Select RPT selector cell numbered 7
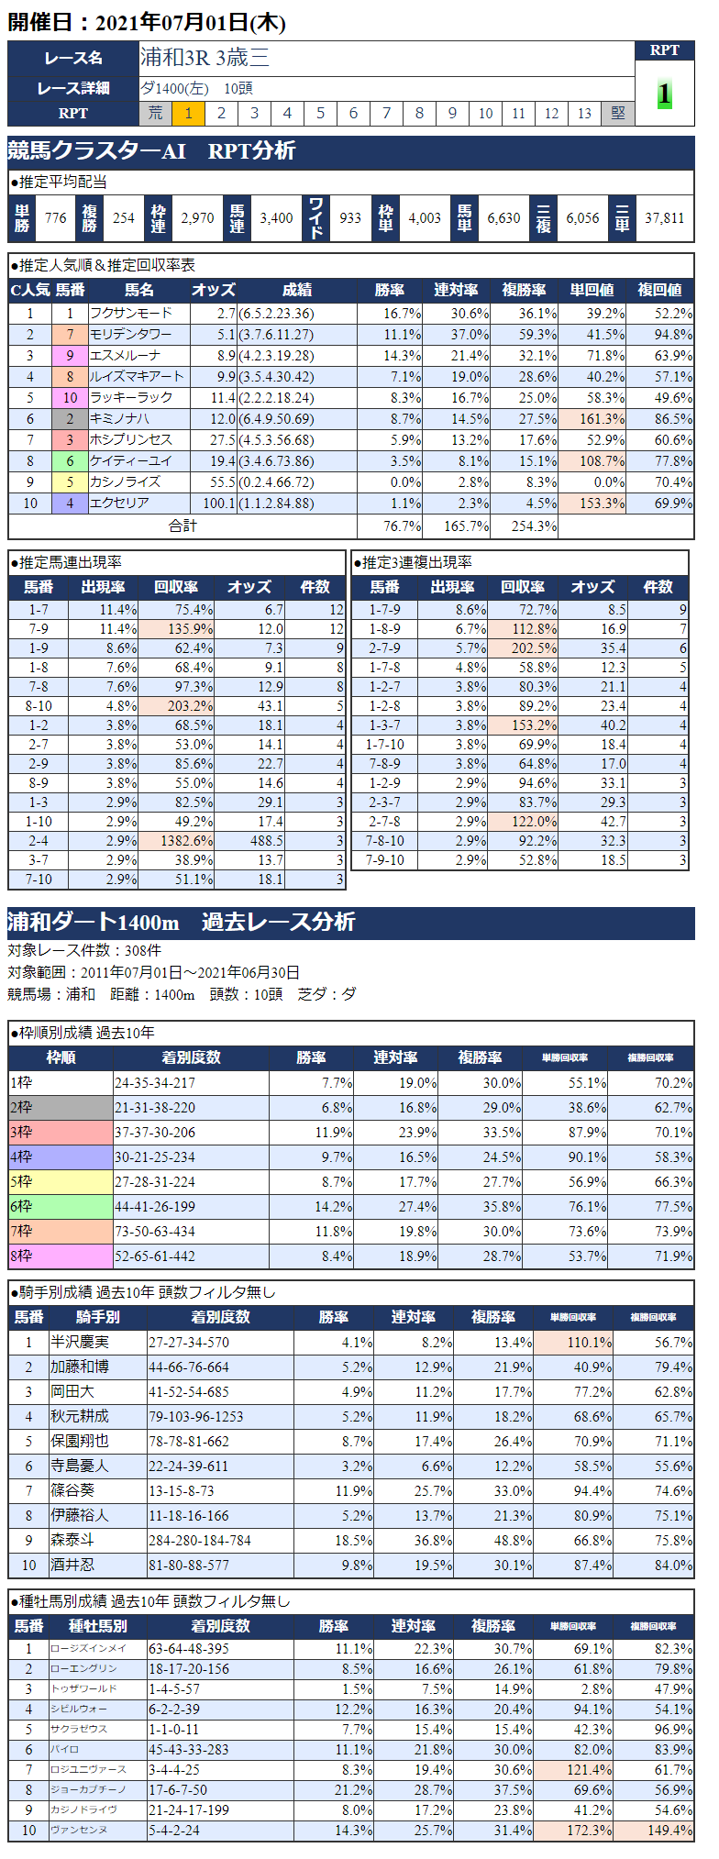(x=386, y=113)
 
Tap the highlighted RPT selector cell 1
(x=188, y=113)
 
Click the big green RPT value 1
(x=664, y=94)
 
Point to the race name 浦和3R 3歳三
(x=205, y=58)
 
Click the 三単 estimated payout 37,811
(x=664, y=218)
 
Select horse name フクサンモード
(x=130, y=314)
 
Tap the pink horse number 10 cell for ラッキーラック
(x=70, y=398)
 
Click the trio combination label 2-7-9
(x=384, y=648)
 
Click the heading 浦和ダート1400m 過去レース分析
(x=181, y=922)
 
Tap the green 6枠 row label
(x=61, y=1207)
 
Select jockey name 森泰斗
(x=72, y=1540)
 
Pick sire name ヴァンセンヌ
(x=79, y=1831)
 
